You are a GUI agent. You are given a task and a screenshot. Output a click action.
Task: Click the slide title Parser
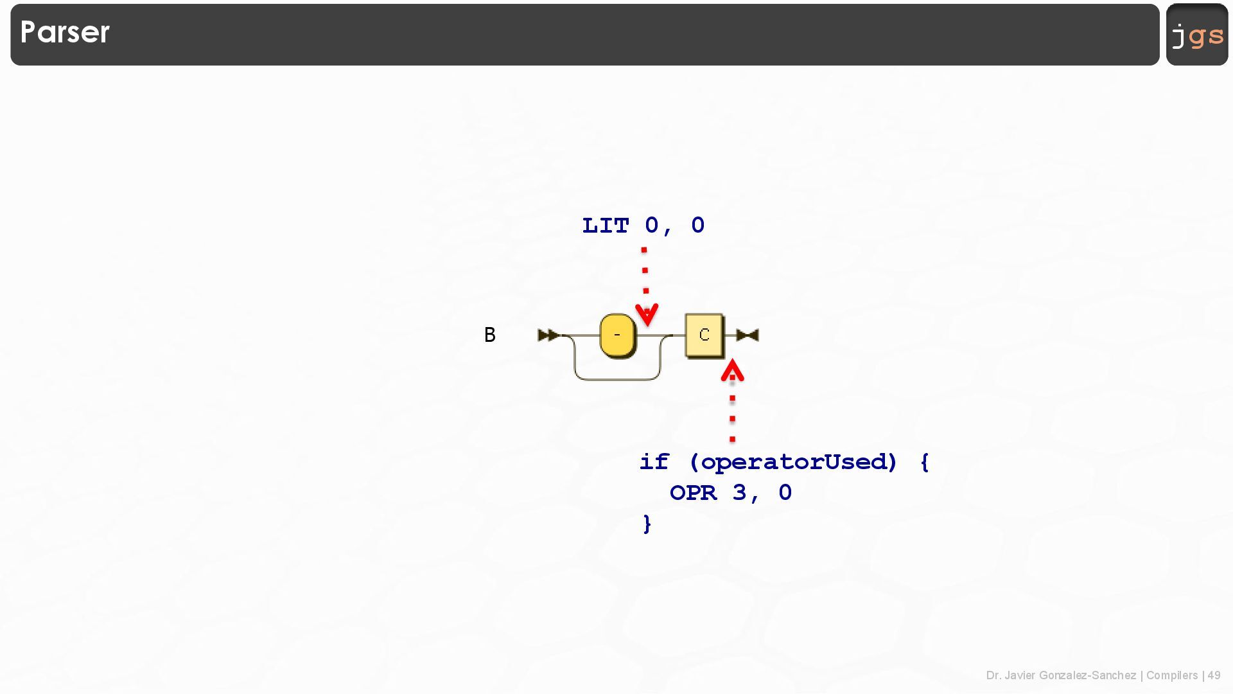coord(65,32)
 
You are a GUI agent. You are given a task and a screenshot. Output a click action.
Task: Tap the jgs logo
coord(1197,35)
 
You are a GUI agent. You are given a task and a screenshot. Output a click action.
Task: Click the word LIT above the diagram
coord(605,226)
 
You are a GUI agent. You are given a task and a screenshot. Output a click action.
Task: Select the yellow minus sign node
coord(617,335)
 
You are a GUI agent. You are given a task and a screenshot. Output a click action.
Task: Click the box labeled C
coord(704,335)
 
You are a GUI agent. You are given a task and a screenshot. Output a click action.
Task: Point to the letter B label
coord(489,335)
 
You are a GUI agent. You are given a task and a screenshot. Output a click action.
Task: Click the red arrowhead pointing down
coord(647,314)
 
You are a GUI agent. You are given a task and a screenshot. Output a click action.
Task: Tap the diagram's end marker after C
coord(748,335)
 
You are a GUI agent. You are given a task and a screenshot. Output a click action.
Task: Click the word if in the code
coord(654,462)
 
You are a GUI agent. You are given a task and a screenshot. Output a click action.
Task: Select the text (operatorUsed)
coord(792,462)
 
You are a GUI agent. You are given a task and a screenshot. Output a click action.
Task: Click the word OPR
coord(693,493)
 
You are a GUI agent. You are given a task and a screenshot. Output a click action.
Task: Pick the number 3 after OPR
coord(739,493)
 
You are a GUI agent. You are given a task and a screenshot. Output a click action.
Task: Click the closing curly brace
coord(647,524)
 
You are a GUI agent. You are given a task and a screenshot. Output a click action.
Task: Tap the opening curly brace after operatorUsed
coord(924,462)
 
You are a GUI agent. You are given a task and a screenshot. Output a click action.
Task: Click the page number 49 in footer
coord(1214,675)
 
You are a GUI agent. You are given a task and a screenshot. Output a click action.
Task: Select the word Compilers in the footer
coord(1171,675)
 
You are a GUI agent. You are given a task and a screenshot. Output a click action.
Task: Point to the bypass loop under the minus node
coord(617,379)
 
